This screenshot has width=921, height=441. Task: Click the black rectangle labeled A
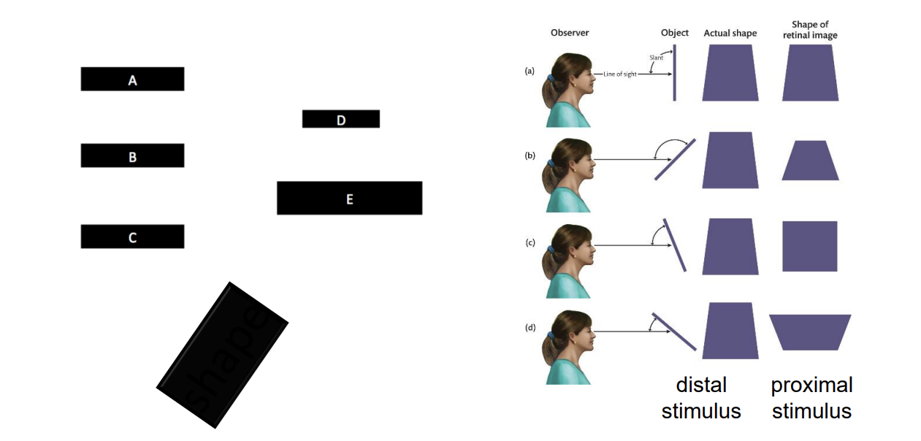[132, 79]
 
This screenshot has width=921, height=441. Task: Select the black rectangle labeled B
[132, 156]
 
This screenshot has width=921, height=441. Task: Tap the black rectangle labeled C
[132, 237]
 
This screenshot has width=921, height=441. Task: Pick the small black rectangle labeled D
[340, 119]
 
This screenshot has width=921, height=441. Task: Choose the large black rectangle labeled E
[349, 198]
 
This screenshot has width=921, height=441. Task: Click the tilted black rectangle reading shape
[222, 355]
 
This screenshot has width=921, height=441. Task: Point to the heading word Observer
[569, 33]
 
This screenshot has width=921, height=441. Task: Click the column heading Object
[674, 33]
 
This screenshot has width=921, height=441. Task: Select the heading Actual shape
[730, 33]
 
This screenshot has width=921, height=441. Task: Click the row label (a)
[530, 71]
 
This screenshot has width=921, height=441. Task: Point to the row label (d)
[530, 328]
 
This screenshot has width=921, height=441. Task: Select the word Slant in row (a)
[656, 57]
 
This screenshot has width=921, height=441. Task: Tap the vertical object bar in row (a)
[674, 72]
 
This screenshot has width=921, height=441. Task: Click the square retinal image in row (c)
[809, 246]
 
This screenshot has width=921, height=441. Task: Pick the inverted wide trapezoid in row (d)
[810, 332]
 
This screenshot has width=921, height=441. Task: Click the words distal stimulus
[701, 398]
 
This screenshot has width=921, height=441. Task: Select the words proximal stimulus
[811, 398]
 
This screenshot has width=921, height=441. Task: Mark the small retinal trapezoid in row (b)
[811, 161]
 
